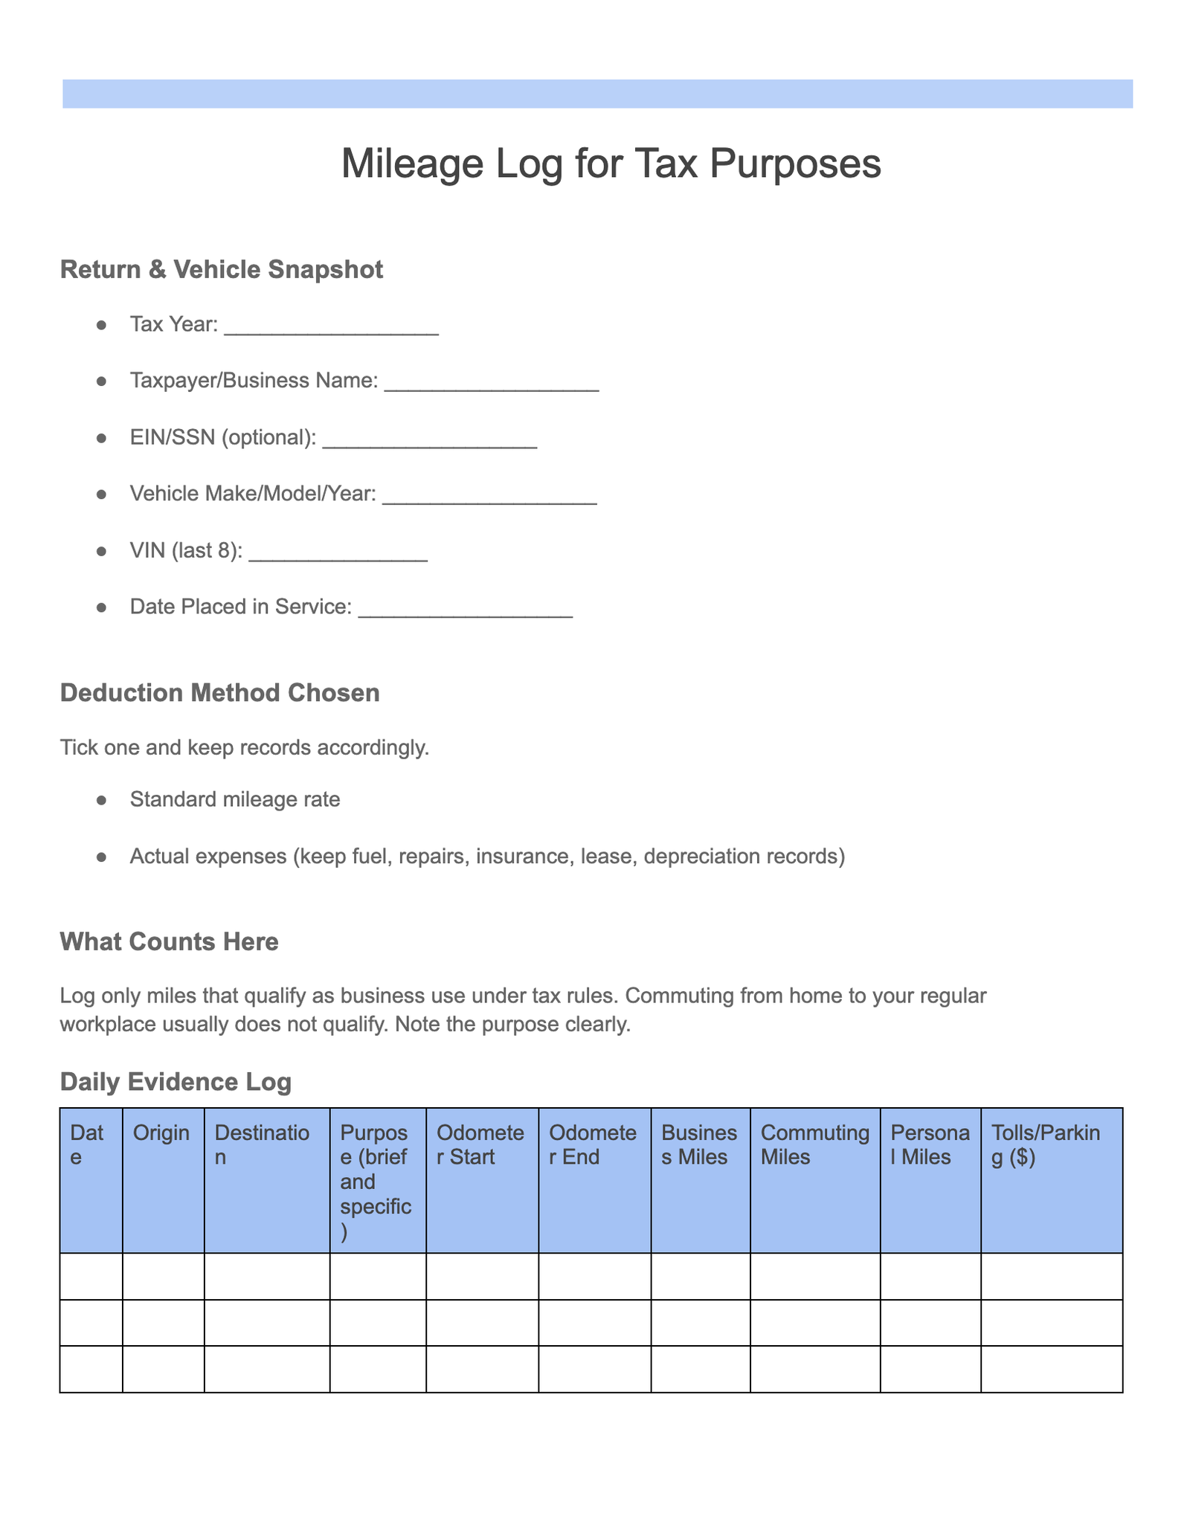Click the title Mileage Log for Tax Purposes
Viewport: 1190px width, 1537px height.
point(611,164)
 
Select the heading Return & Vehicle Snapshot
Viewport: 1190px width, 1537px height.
point(221,269)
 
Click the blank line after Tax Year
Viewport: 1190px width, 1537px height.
point(331,327)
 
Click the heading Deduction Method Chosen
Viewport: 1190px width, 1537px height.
point(219,693)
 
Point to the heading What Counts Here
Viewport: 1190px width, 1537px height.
point(169,942)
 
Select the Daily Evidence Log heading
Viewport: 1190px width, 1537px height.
point(176,1082)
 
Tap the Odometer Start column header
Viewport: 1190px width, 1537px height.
point(480,1144)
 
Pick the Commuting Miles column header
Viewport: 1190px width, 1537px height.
point(814,1144)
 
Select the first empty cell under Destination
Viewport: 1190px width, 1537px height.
point(266,1276)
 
